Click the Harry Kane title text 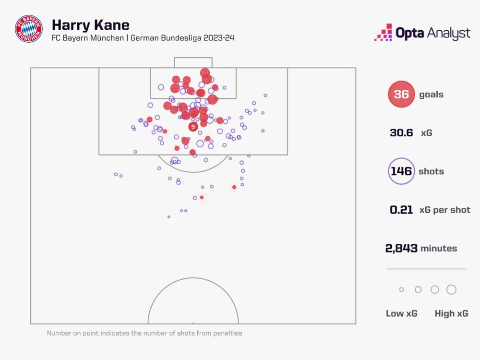(x=90, y=24)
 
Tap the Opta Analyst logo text (x=432, y=33)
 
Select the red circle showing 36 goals (x=401, y=95)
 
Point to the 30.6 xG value (x=401, y=133)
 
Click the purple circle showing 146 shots (x=401, y=171)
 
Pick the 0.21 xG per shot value (x=401, y=210)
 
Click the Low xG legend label (x=402, y=313)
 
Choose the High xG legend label (x=451, y=313)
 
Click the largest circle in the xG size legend (x=451, y=289)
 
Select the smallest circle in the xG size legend (x=402, y=289)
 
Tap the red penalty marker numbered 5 (x=193, y=127)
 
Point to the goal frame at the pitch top (x=193, y=62)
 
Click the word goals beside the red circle (x=431, y=95)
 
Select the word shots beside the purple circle (x=431, y=171)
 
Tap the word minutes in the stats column (x=439, y=248)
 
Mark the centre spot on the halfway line (x=193, y=324)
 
